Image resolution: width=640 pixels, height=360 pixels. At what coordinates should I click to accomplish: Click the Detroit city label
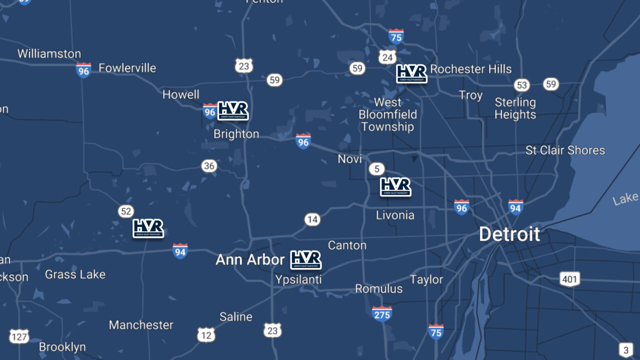(x=509, y=234)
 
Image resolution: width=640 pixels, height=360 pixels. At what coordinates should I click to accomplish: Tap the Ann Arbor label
(x=250, y=260)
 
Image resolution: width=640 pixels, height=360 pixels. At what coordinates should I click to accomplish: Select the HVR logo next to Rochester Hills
(x=411, y=73)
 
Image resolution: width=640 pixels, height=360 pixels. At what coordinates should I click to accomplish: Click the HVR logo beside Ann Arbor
(x=305, y=260)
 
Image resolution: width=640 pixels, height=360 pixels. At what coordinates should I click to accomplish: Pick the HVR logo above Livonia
(x=395, y=187)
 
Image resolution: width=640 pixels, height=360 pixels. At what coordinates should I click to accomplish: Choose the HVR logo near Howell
(x=232, y=110)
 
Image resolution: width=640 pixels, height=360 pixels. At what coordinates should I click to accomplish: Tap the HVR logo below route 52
(x=148, y=228)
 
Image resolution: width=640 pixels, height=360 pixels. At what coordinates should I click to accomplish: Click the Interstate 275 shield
(x=381, y=313)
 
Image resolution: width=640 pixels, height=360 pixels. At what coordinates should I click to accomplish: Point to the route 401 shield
(x=569, y=279)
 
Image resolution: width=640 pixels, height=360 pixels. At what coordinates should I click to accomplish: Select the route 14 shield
(x=312, y=219)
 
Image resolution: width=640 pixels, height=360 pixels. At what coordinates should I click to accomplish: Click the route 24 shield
(x=387, y=57)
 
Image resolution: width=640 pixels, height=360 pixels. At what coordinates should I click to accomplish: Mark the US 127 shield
(x=19, y=336)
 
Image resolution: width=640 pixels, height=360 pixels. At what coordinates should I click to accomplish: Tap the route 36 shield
(x=209, y=165)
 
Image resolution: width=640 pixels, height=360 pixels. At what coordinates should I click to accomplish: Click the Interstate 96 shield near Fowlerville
(x=83, y=70)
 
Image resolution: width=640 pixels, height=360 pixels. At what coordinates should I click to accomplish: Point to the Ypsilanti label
(x=298, y=280)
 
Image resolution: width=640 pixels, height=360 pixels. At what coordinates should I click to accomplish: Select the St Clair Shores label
(x=565, y=150)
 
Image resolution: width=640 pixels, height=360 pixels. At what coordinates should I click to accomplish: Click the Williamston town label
(x=49, y=54)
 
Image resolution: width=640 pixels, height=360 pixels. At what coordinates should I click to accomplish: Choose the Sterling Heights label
(x=515, y=108)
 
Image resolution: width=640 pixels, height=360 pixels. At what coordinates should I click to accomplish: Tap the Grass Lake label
(x=75, y=274)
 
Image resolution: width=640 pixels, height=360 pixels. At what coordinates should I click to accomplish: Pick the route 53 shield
(x=522, y=85)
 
